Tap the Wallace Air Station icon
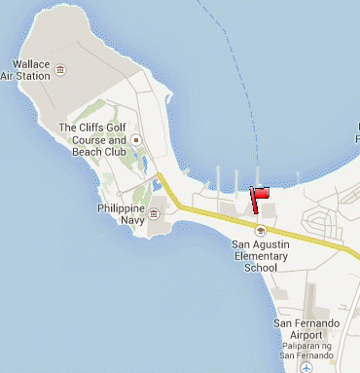point(61,70)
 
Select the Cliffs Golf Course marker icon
point(136,140)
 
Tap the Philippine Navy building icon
point(154,202)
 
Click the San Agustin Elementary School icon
point(260,230)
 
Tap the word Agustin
point(275,244)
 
